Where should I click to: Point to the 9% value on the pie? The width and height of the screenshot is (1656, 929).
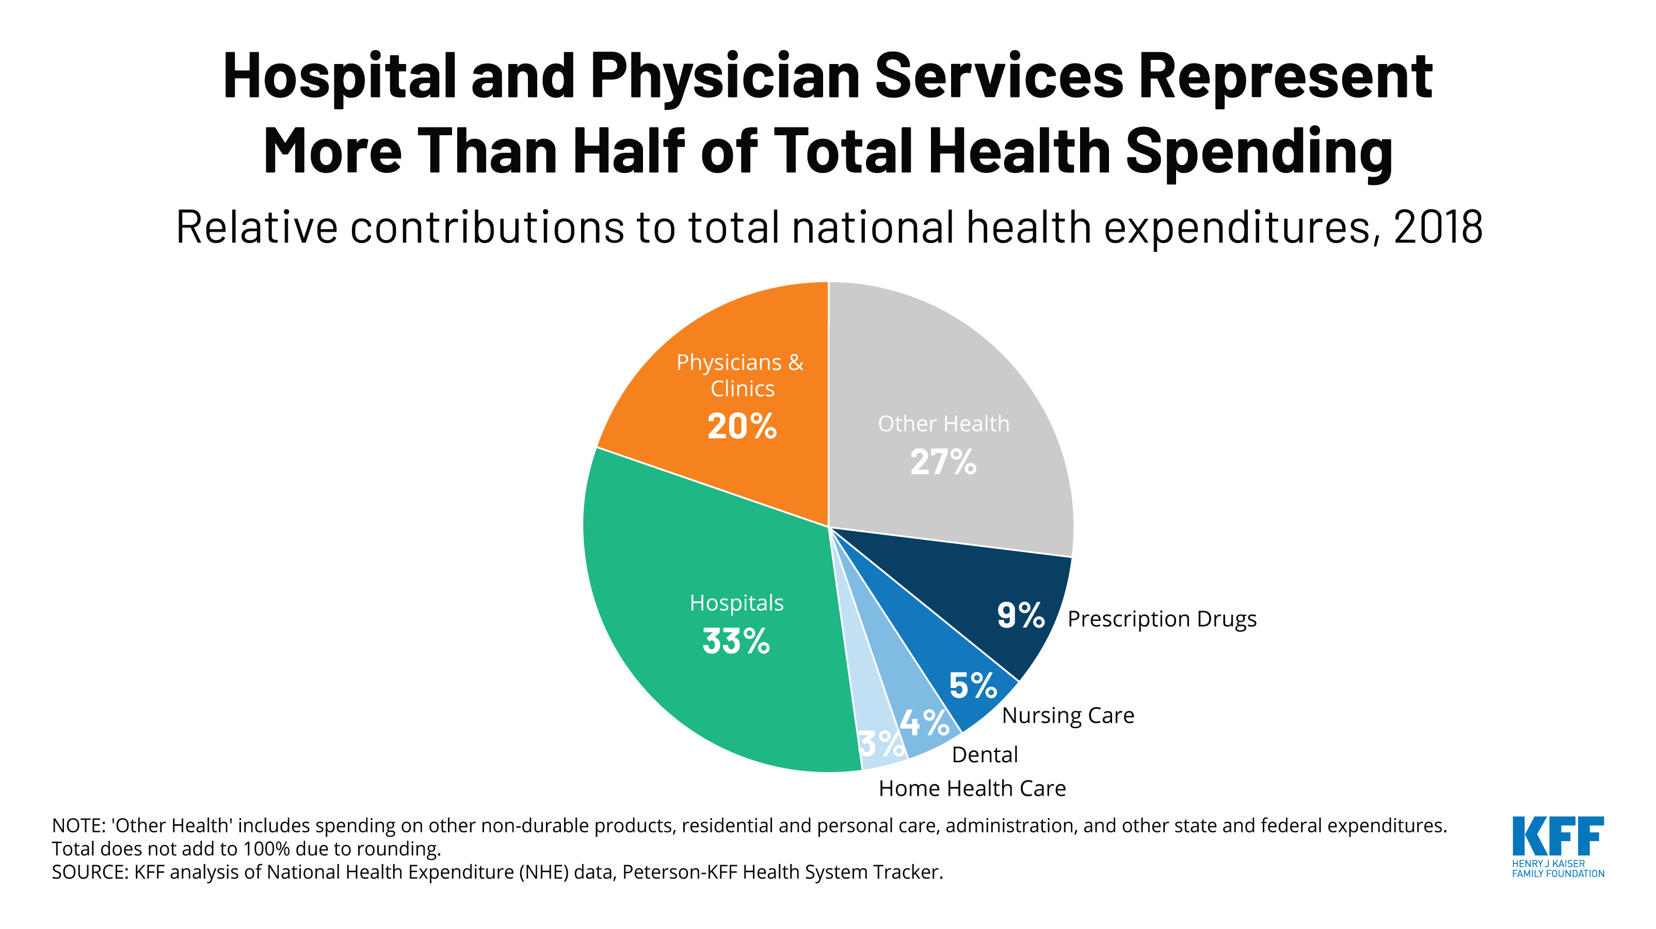pos(1020,615)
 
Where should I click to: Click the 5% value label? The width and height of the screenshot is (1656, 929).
pos(973,685)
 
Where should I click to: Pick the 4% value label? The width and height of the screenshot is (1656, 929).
pos(924,723)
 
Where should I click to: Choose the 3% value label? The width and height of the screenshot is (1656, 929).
pos(881,744)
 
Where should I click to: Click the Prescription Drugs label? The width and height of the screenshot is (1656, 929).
pos(1162,619)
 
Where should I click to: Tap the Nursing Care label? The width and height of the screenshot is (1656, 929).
pos(1068,715)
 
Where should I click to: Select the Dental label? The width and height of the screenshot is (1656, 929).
pos(984,755)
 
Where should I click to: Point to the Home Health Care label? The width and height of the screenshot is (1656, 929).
pos(972,788)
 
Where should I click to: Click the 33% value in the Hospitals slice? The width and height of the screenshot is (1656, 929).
pos(736,642)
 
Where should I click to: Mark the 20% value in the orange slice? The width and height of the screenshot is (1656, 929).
pos(742,426)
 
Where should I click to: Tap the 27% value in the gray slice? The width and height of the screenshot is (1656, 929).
pos(943,462)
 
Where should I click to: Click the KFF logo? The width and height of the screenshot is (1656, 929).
pos(1557,846)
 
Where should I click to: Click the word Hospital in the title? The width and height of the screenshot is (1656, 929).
pos(340,76)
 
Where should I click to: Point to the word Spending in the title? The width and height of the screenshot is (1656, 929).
pos(1259,152)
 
